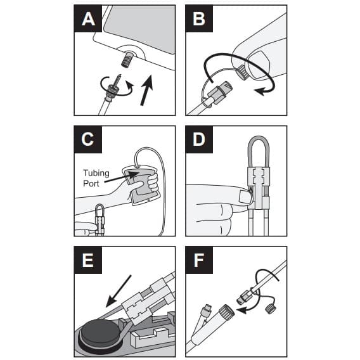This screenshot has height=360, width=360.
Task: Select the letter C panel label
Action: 87,141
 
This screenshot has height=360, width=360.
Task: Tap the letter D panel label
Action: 199,141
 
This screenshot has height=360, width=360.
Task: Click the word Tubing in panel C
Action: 96,172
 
